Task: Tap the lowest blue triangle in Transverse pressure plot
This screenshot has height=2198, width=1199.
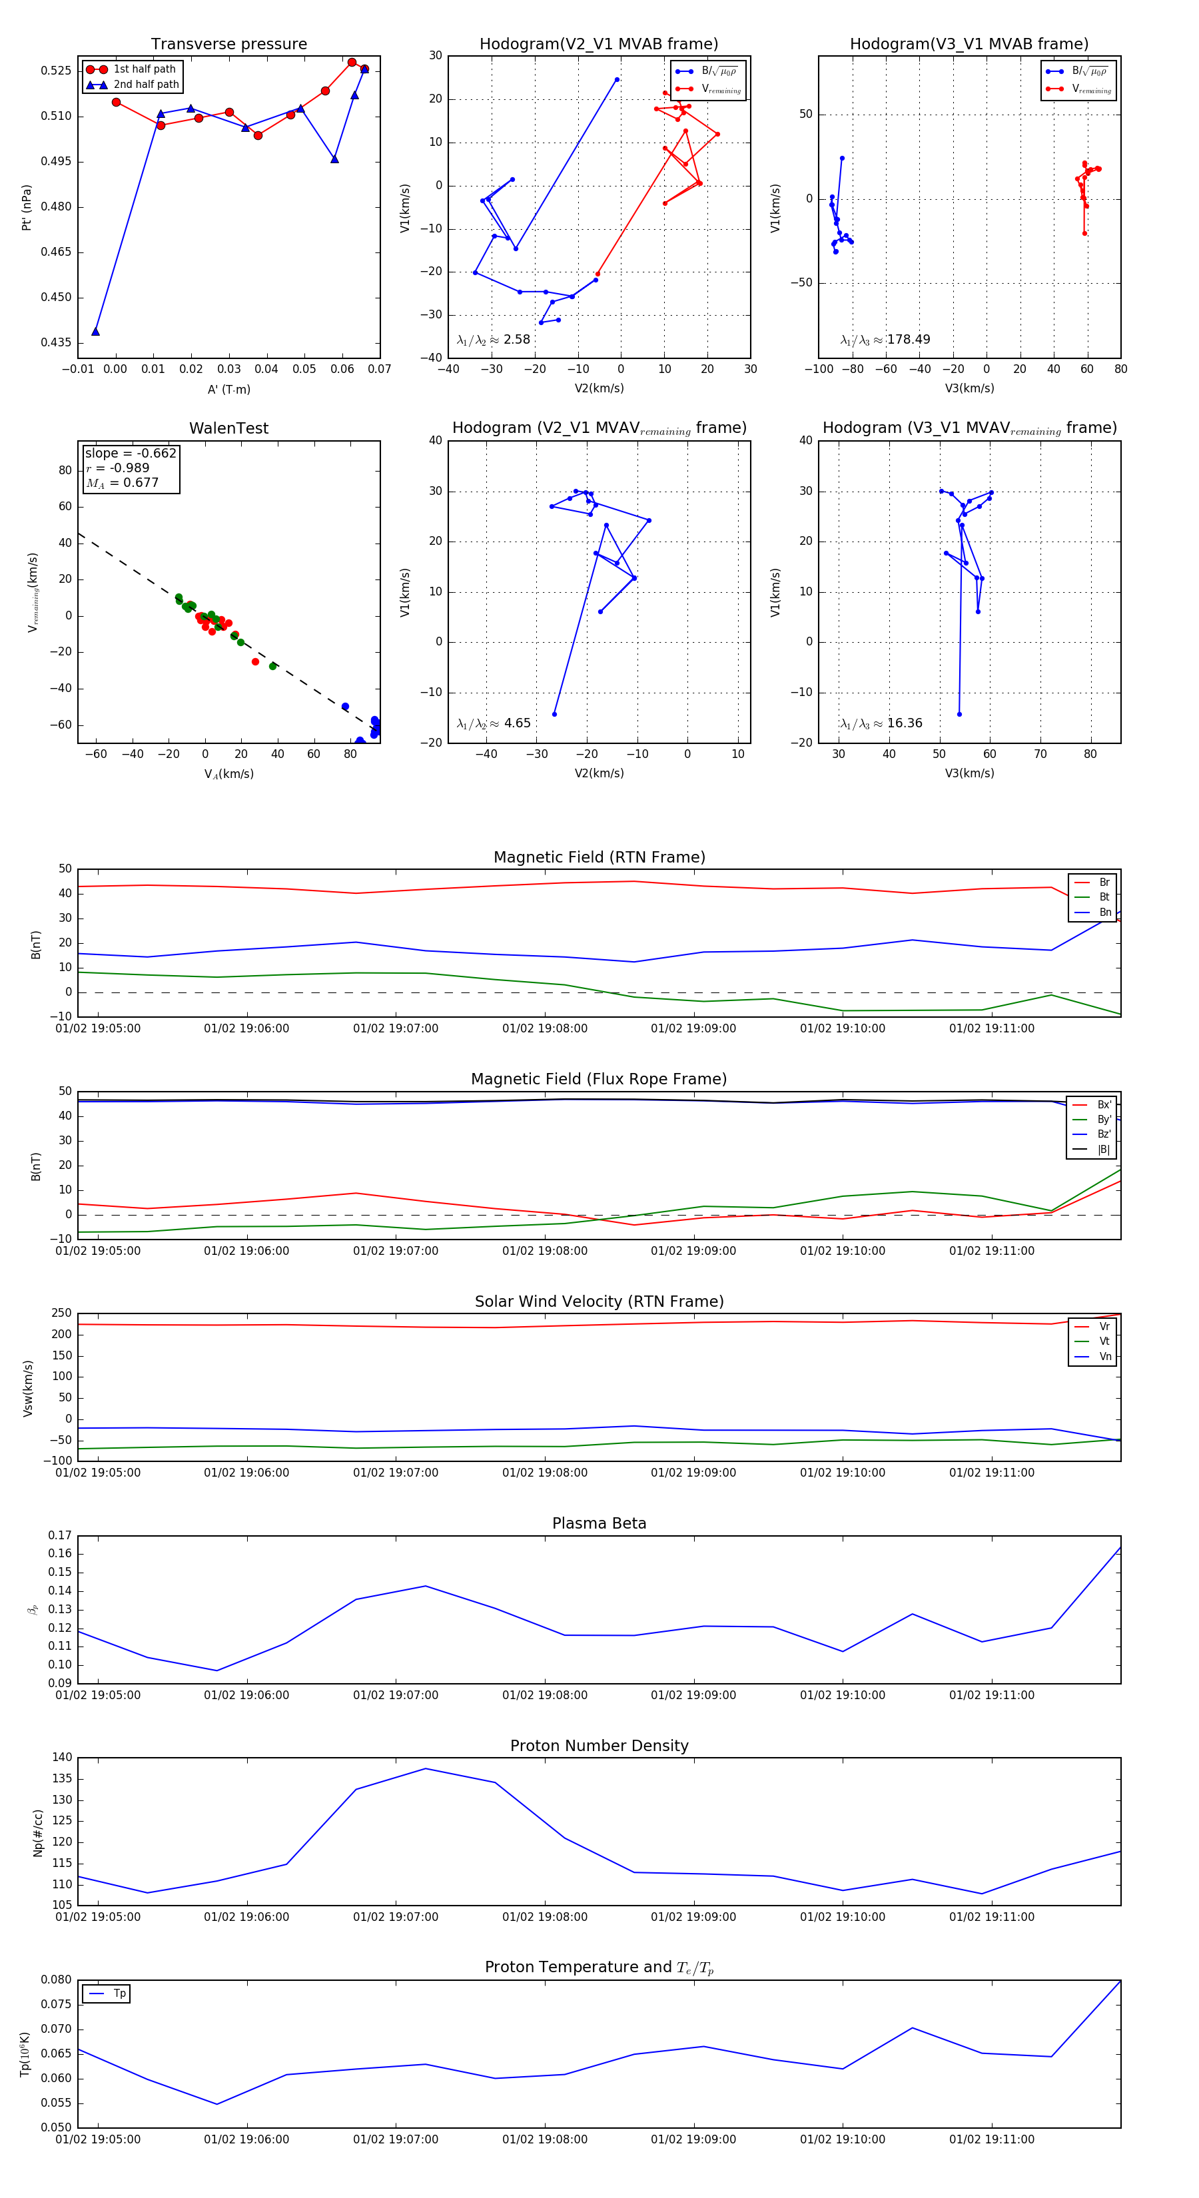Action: (x=95, y=331)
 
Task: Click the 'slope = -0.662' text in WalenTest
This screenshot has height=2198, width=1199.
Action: (x=131, y=453)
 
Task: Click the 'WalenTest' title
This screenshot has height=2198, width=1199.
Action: (x=228, y=428)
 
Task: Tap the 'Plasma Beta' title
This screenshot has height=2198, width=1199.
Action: (x=599, y=1523)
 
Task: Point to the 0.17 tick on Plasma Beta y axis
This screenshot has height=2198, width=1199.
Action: (x=61, y=1535)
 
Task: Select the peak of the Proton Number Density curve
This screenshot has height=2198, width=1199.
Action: (x=426, y=1768)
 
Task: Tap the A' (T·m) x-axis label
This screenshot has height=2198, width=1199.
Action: (x=228, y=390)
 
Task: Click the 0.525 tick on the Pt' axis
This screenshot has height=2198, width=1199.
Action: (x=57, y=71)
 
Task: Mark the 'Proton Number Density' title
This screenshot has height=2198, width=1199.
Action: (x=599, y=1745)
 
